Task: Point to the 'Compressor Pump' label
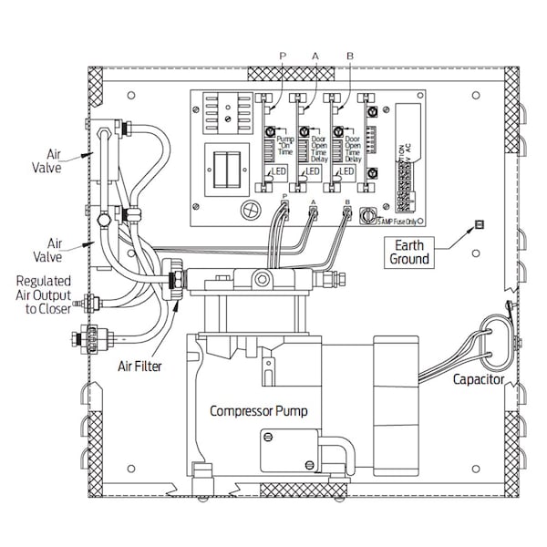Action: point(259,411)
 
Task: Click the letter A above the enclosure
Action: point(315,57)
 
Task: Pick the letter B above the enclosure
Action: point(350,57)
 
